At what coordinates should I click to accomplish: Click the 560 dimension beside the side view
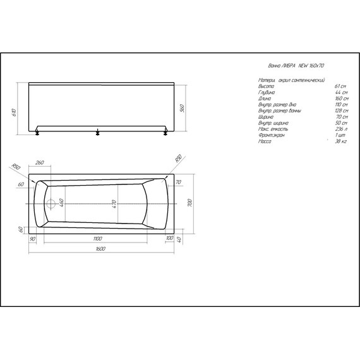pyautogui.click(x=181, y=108)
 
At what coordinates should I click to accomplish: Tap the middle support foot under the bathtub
pyautogui.click(x=97, y=133)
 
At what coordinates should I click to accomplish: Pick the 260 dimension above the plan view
pyautogui.click(x=40, y=162)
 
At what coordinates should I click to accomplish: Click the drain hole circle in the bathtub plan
pyautogui.click(x=51, y=204)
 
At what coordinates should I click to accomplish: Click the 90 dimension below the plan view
pyautogui.click(x=32, y=238)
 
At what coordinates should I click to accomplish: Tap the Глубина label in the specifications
pyautogui.click(x=268, y=92)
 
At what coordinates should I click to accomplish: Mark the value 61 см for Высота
pyautogui.click(x=340, y=86)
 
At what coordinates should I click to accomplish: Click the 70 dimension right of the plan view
pyautogui.click(x=178, y=183)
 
